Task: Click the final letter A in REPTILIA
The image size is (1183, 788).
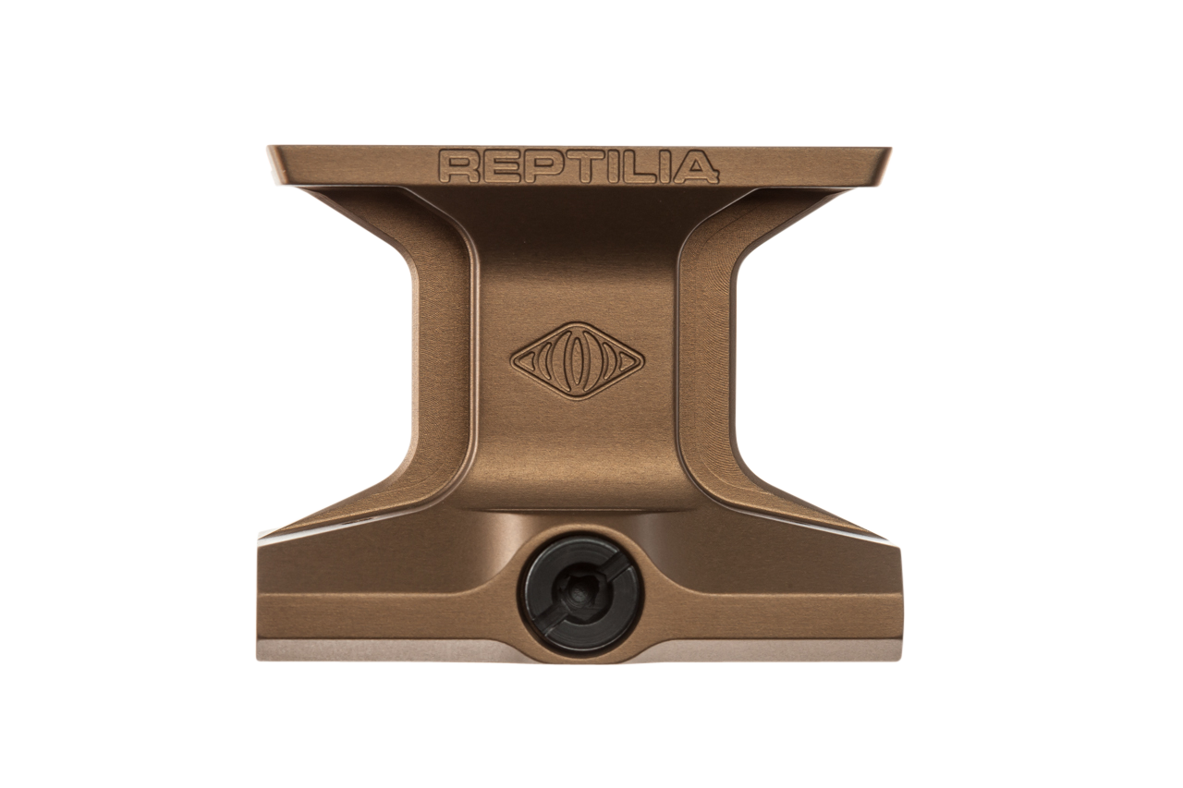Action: point(695,166)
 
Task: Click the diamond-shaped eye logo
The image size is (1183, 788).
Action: point(578,360)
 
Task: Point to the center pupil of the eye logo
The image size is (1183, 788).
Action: point(578,360)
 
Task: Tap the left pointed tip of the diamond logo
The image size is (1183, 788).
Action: point(514,360)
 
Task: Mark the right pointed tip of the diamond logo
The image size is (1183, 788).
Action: point(642,360)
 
